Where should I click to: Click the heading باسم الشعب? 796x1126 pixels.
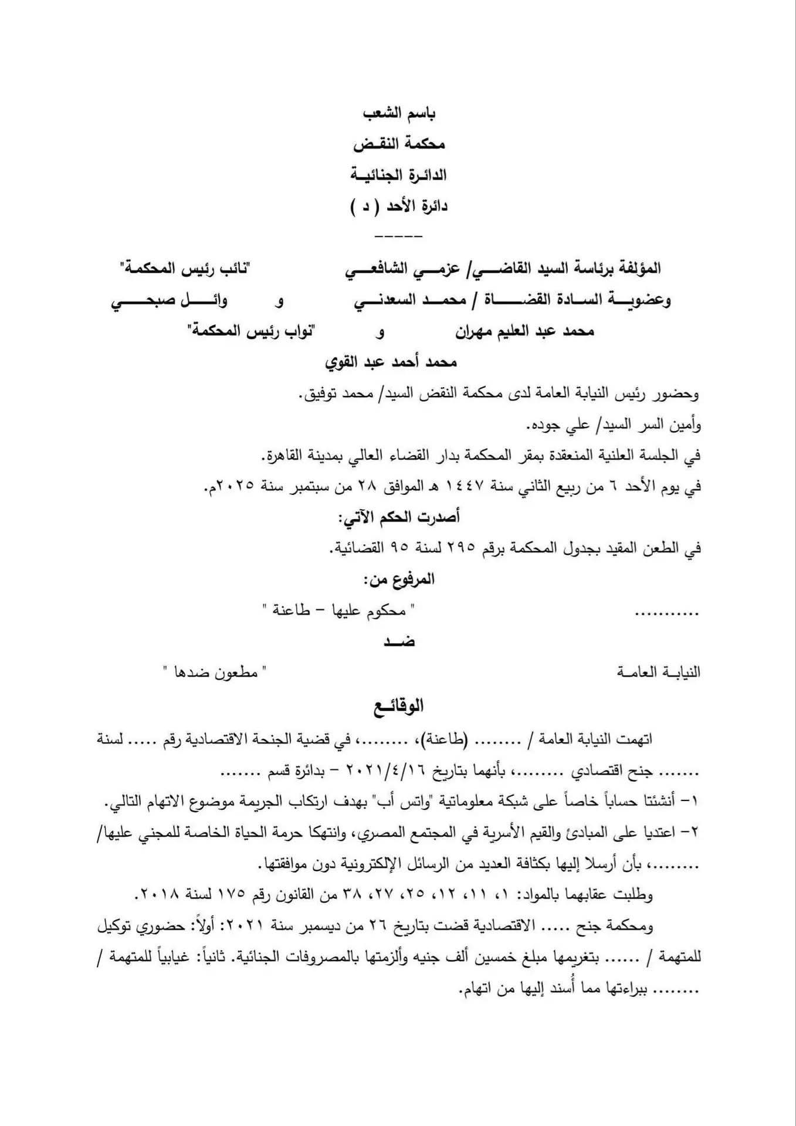399,113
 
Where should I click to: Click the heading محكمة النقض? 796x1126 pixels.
399,144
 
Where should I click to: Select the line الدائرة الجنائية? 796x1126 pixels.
399,175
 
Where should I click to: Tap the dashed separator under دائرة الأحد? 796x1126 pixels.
398,236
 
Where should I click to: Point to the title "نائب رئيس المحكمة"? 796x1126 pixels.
184,269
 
